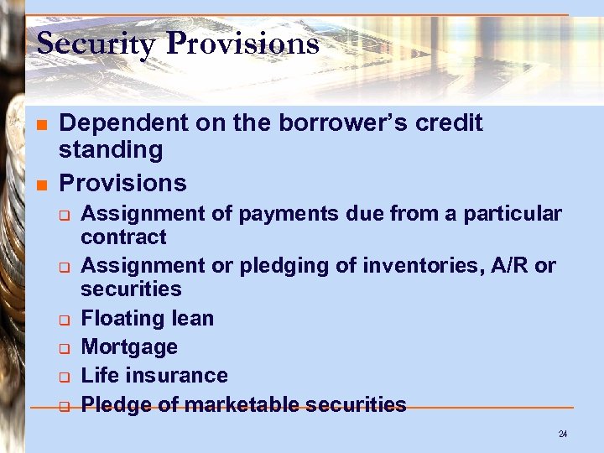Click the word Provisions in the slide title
click(x=242, y=43)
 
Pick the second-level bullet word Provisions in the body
click(x=122, y=182)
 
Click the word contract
click(x=123, y=237)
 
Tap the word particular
click(x=512, y=214)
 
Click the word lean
click(x=190, y=319)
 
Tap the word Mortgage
click(x=128, y=347)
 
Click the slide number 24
click(x=562, y=435)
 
